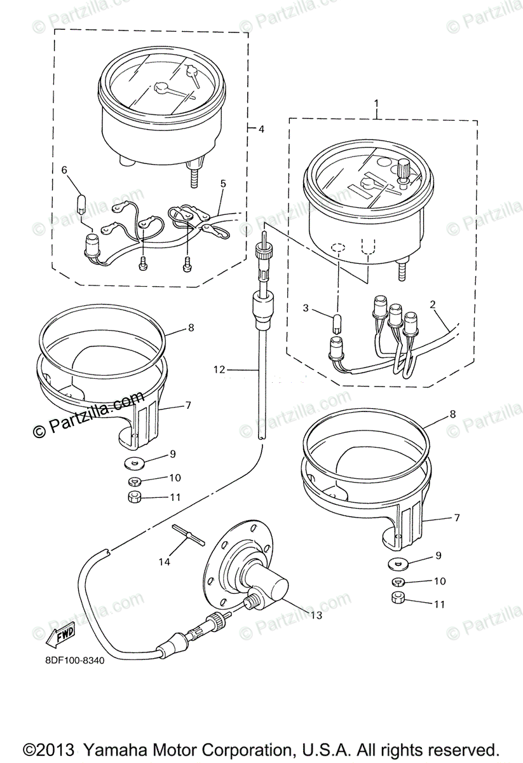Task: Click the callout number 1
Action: click(x=376, y=103)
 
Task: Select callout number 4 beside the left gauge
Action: click(x=261, y=129)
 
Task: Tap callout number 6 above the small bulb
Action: click(x=64, y=170)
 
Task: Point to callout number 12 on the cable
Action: click(x=219, y=369)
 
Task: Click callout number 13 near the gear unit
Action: click(x=315, y=615)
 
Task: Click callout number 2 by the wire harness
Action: click(x=433, y=304)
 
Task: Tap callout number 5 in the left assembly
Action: click(x=223, y=184)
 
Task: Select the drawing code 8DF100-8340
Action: click(x=74, y=659)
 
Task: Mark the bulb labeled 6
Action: click(x=81, y=203)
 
